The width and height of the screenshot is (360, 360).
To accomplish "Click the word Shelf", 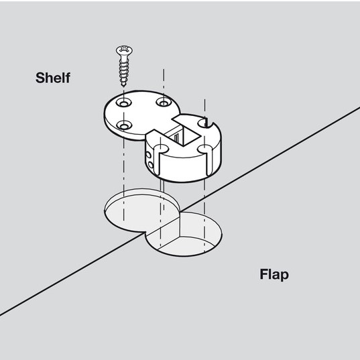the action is coord(53,78).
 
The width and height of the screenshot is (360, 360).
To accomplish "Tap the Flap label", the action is coord(274,275).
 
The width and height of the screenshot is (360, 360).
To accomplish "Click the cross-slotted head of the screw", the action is coord(124,50).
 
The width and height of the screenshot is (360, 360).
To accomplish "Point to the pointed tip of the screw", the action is coord(124,86).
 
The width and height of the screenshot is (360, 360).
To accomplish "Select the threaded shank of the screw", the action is coord(124,70).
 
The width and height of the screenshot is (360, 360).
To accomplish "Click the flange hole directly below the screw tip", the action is coord(124,103).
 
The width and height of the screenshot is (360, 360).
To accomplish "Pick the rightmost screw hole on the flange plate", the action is coord(164,102).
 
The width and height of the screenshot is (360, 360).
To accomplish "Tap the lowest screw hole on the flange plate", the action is coord(124,125).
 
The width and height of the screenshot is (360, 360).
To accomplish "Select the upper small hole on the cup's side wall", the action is coord(149,155).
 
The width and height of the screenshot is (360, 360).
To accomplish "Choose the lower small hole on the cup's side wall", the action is coord(151,165).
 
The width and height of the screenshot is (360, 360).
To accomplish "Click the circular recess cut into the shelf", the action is coord(142,210).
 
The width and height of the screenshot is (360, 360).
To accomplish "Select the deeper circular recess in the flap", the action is coord(184,234).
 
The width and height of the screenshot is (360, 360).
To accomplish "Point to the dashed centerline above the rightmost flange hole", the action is coord(164,82).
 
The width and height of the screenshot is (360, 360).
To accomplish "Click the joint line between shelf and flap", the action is coord(180,211).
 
